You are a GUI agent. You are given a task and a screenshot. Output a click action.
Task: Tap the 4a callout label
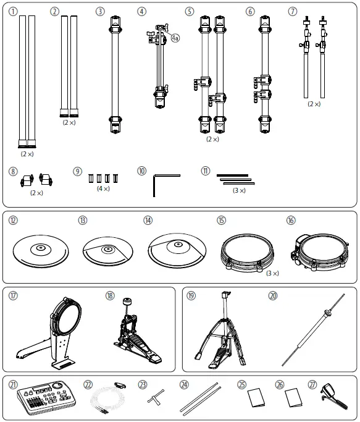[x=175, y=38]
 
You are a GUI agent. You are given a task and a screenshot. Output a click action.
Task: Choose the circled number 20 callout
[x=272, y=295]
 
